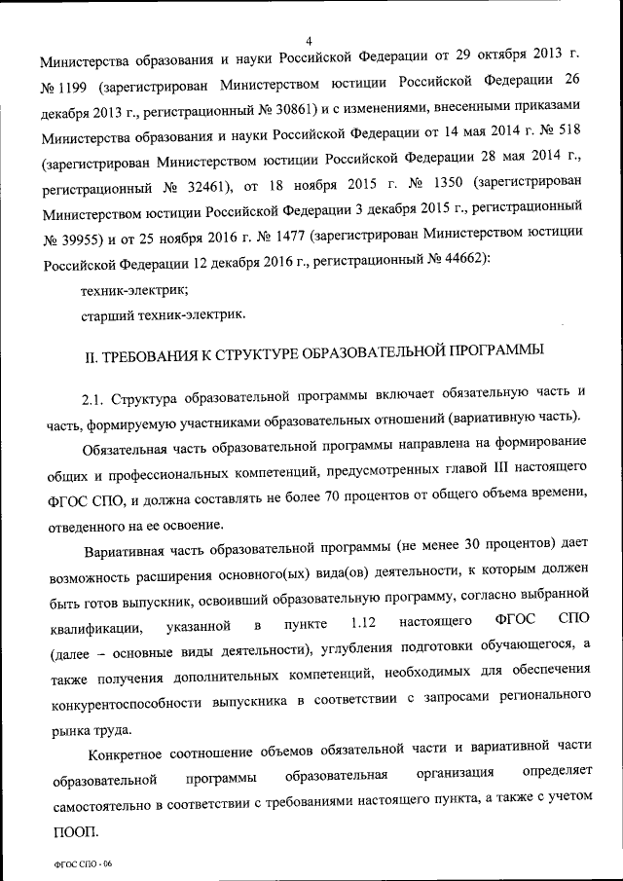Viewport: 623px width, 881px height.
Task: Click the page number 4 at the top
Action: pyautogui.click(x=308, y=40)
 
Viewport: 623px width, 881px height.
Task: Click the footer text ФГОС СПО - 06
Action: pyautogui.click(x=85, y=865)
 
